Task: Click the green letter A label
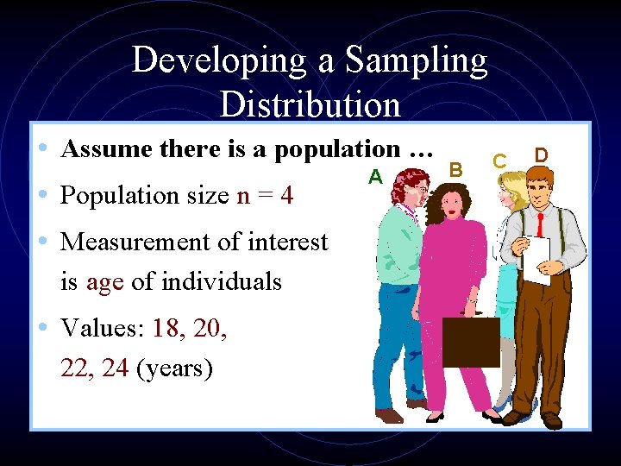[375, 177]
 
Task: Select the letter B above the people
[457, 167]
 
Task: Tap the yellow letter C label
[499, 161]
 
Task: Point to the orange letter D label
[541, 154]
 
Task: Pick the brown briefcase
[471, 342]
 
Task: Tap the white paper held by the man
[536, 260]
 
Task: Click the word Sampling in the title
[416, 60]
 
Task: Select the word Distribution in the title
[310, 104]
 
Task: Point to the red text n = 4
[265, 196]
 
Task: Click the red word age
[104, 281]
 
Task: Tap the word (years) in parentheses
[175, 368]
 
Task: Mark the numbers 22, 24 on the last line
[95, 368]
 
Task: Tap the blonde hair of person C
[509, 183]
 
